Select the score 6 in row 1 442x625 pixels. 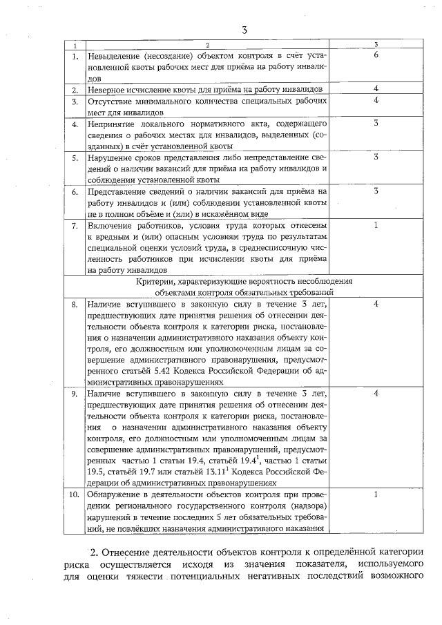(x=376, y=55)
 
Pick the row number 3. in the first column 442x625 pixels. (x=74, y=102)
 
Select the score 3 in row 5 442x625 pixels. (x=376, y=157)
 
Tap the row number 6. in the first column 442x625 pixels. (x=74, y=191)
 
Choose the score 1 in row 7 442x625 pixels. (x=376, y=224)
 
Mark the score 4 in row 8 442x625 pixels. (x=376, y=303)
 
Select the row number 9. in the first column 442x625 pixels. (x=74, y=393)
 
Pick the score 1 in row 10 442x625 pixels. (x=376, y=494)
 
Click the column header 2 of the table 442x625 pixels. (x=206, y=45)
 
